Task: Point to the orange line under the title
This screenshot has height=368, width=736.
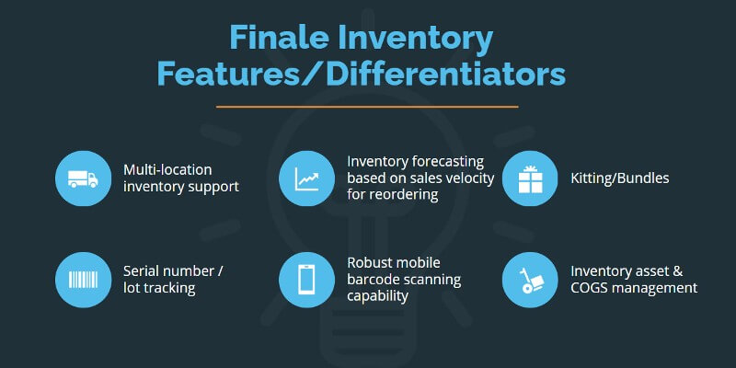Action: [x=367, y=107]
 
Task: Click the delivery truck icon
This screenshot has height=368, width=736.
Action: [x=83, y=178]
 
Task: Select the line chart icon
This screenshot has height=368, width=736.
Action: [x=307, y=178]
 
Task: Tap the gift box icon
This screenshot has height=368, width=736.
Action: [x=531, y=178]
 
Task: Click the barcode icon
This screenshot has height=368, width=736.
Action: [x=83, y=280]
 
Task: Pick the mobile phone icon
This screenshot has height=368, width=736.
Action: [x=306, y=280]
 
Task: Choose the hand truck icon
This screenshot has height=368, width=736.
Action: [x=531, y=280]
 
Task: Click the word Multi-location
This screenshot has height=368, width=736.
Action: [x=167, y=169]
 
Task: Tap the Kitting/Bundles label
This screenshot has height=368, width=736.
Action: [x=620, y=178]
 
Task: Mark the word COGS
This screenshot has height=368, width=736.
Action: [x=587, y=288]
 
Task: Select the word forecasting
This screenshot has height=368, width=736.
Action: [x=446, y=162]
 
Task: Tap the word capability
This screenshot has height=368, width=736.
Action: [x=378, y=296]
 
